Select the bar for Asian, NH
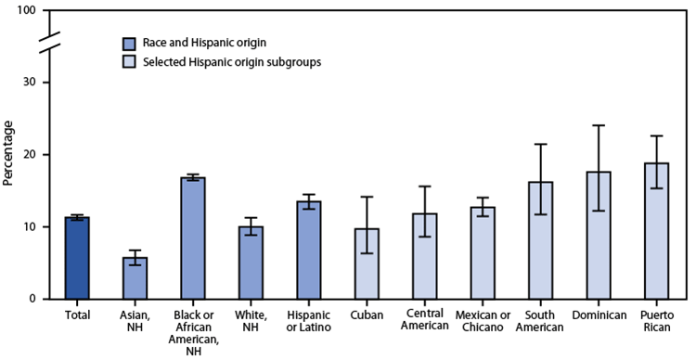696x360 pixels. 135,277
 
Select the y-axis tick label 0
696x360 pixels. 34,299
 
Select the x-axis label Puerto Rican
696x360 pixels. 657,322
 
